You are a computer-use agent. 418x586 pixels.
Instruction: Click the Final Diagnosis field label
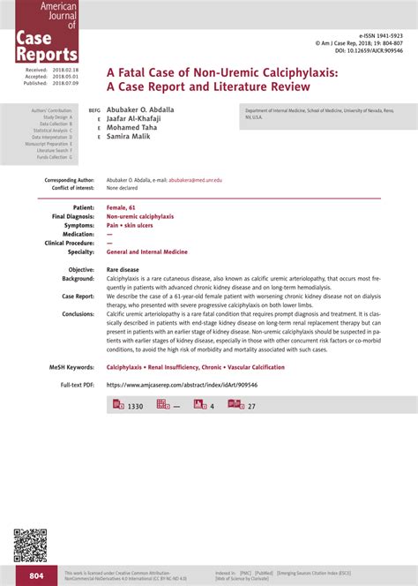[x=73, y=216]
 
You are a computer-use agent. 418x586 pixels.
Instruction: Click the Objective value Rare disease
[x=123, y=269]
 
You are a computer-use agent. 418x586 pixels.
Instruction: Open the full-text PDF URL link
[x=183, y=385]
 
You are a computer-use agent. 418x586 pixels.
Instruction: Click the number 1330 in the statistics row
[x=135, y=406]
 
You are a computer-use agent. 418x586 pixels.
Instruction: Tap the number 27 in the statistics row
[x=251, y=406]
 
